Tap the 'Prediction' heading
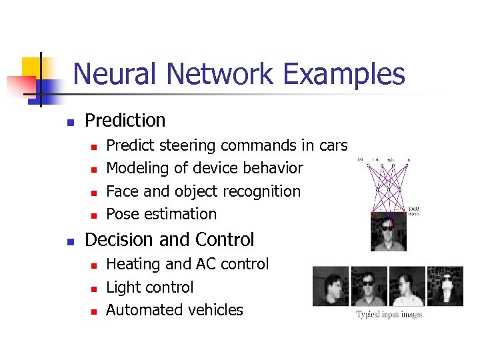125,121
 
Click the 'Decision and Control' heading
169,239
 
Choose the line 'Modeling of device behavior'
204,169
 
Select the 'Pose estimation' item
161,214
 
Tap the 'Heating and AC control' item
187,264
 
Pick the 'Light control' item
149,287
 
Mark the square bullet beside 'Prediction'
69,122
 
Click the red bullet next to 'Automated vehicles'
94,311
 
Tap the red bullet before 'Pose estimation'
94,215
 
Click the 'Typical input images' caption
389,315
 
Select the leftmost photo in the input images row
331,286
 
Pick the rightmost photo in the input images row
445,286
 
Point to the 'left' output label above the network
360,160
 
